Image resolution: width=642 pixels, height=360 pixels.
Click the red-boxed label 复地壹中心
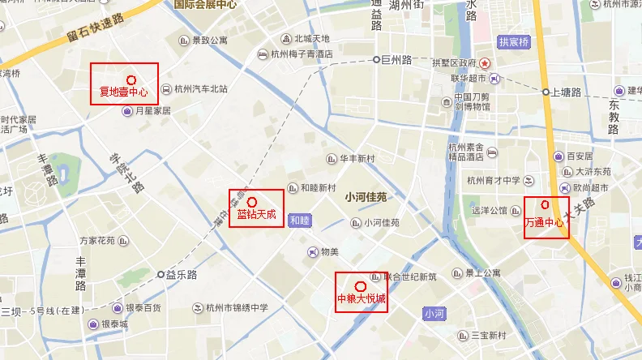(x=123, y=84)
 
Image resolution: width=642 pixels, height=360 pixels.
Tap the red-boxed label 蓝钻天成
(x=256, y=209)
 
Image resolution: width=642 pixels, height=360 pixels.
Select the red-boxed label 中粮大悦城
(x=362, y=292)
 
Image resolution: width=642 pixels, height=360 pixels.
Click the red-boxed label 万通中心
(x=546, y=216)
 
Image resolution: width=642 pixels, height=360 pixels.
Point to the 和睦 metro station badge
(x=298, y=220)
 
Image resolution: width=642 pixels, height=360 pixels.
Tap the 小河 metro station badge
(x=434, y=313)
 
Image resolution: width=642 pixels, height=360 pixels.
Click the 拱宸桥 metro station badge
(x=513, y=42)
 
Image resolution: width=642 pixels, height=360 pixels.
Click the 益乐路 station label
(x=182, y=275)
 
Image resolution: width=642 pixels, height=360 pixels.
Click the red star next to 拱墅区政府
(x=485, y=62)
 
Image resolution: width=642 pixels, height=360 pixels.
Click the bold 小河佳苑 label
(x=366, y=197)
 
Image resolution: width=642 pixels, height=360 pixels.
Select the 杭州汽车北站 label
(x=200, y=89)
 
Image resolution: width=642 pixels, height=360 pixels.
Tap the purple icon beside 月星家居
(x=126, y=110)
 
